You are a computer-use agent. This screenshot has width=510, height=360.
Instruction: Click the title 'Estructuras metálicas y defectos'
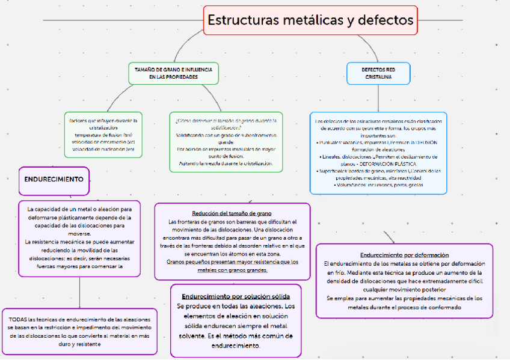point(310,20)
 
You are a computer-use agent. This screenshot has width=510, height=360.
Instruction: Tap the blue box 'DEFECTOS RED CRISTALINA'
point(378,73)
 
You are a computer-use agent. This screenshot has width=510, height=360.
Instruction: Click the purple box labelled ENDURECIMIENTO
point(54,179)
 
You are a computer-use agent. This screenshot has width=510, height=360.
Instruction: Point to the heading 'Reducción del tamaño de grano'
point(232,213)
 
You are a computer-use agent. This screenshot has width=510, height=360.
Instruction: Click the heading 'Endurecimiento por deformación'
point(404,254)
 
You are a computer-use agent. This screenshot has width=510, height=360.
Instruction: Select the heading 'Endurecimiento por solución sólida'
point(236,296)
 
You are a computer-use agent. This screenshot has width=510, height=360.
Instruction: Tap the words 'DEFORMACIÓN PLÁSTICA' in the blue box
point(388,163)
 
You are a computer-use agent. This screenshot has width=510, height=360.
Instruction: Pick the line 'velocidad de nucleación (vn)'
point(103,148)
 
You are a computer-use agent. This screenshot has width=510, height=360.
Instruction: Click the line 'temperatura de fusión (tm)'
point(103,134)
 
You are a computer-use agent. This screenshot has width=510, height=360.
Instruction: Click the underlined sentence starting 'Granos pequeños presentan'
point(232,261)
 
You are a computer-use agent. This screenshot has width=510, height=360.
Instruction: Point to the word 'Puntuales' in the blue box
point(333,142)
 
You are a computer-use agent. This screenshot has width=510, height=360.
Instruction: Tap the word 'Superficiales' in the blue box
point(335,171)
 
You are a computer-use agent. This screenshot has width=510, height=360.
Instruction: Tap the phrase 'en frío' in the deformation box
point(334,272)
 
